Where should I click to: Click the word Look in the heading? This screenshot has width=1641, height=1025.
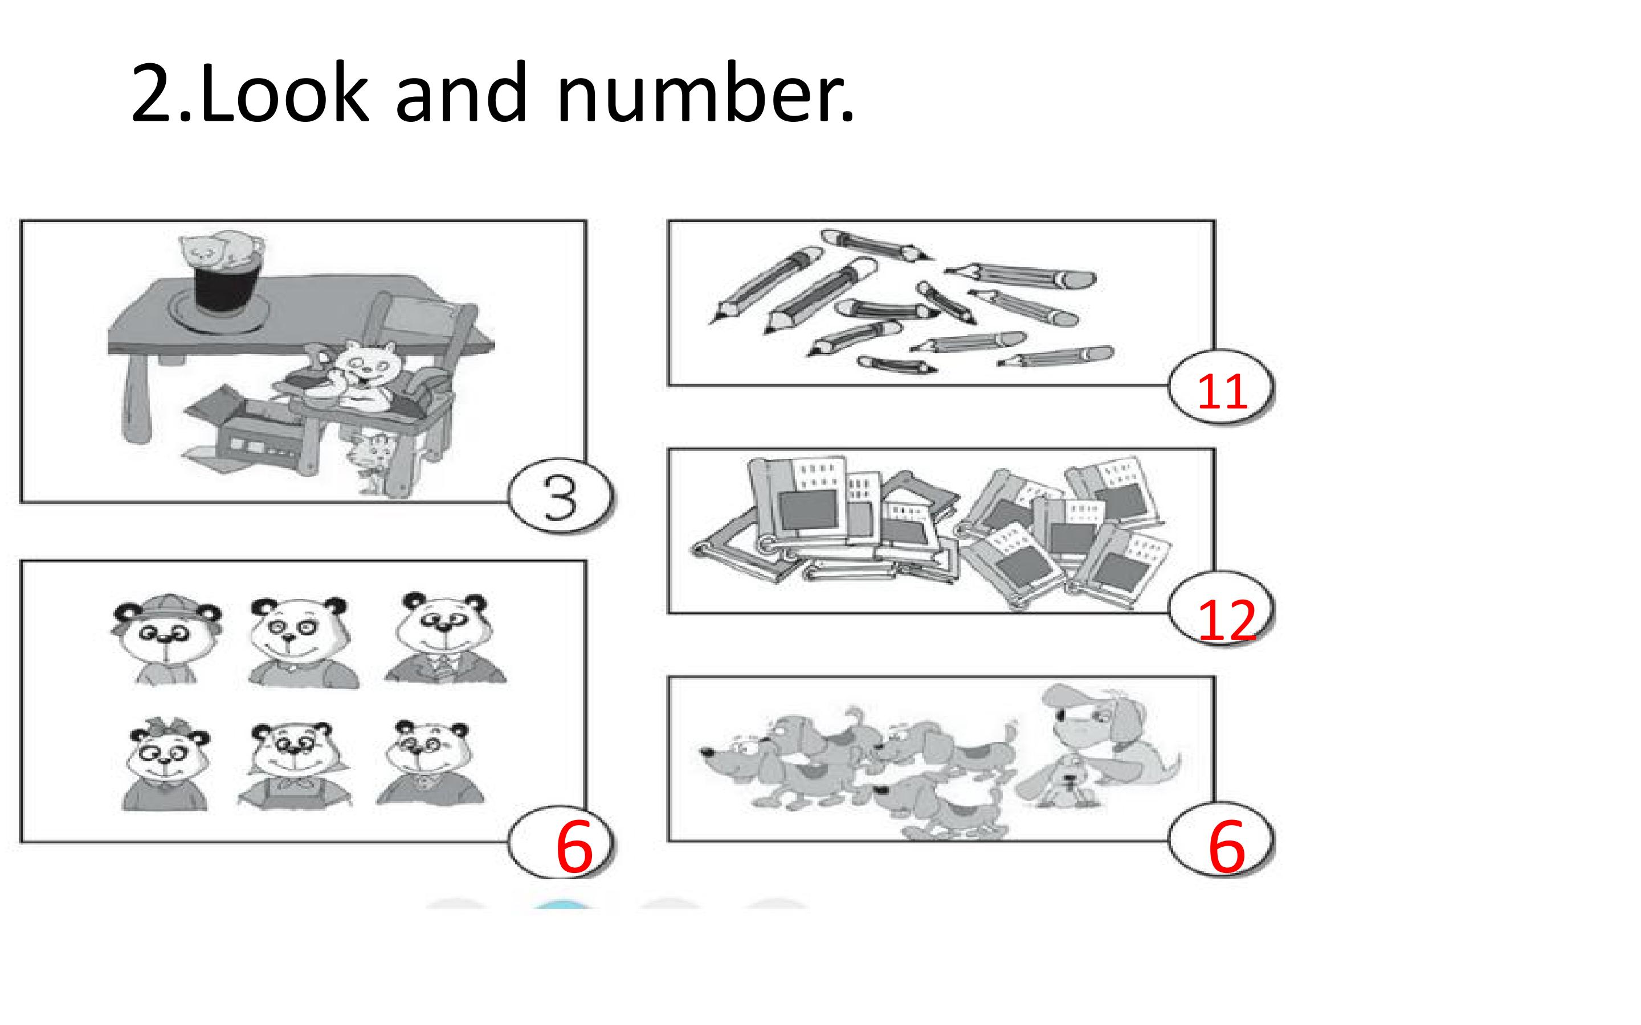[284, 93]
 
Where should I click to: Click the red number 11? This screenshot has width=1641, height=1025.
[1222, 392]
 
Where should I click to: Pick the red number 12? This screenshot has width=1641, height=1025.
[1227, 620]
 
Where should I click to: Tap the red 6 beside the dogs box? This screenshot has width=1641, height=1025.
[1227, 846]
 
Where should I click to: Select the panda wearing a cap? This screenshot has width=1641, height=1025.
[166, 638]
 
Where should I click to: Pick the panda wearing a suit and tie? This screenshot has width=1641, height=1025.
[444, 638]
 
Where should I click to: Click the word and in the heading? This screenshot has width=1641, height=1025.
[461, 93]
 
